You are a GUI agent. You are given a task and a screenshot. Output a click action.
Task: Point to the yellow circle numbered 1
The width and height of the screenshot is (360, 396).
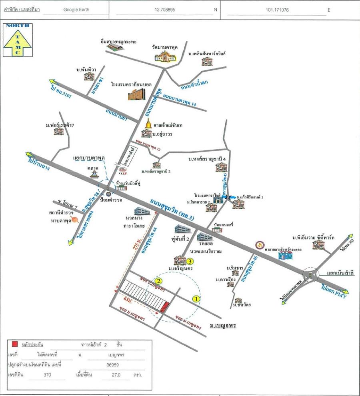point(196,298)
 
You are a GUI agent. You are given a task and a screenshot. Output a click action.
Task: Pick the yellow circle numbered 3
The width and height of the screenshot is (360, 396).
point(190,262)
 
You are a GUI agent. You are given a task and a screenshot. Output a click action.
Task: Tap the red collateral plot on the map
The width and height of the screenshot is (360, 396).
point(164,307)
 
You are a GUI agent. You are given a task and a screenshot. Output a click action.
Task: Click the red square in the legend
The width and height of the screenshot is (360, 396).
point(15,344)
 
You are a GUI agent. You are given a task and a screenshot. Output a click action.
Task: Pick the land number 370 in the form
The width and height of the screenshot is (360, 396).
point(48,375)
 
